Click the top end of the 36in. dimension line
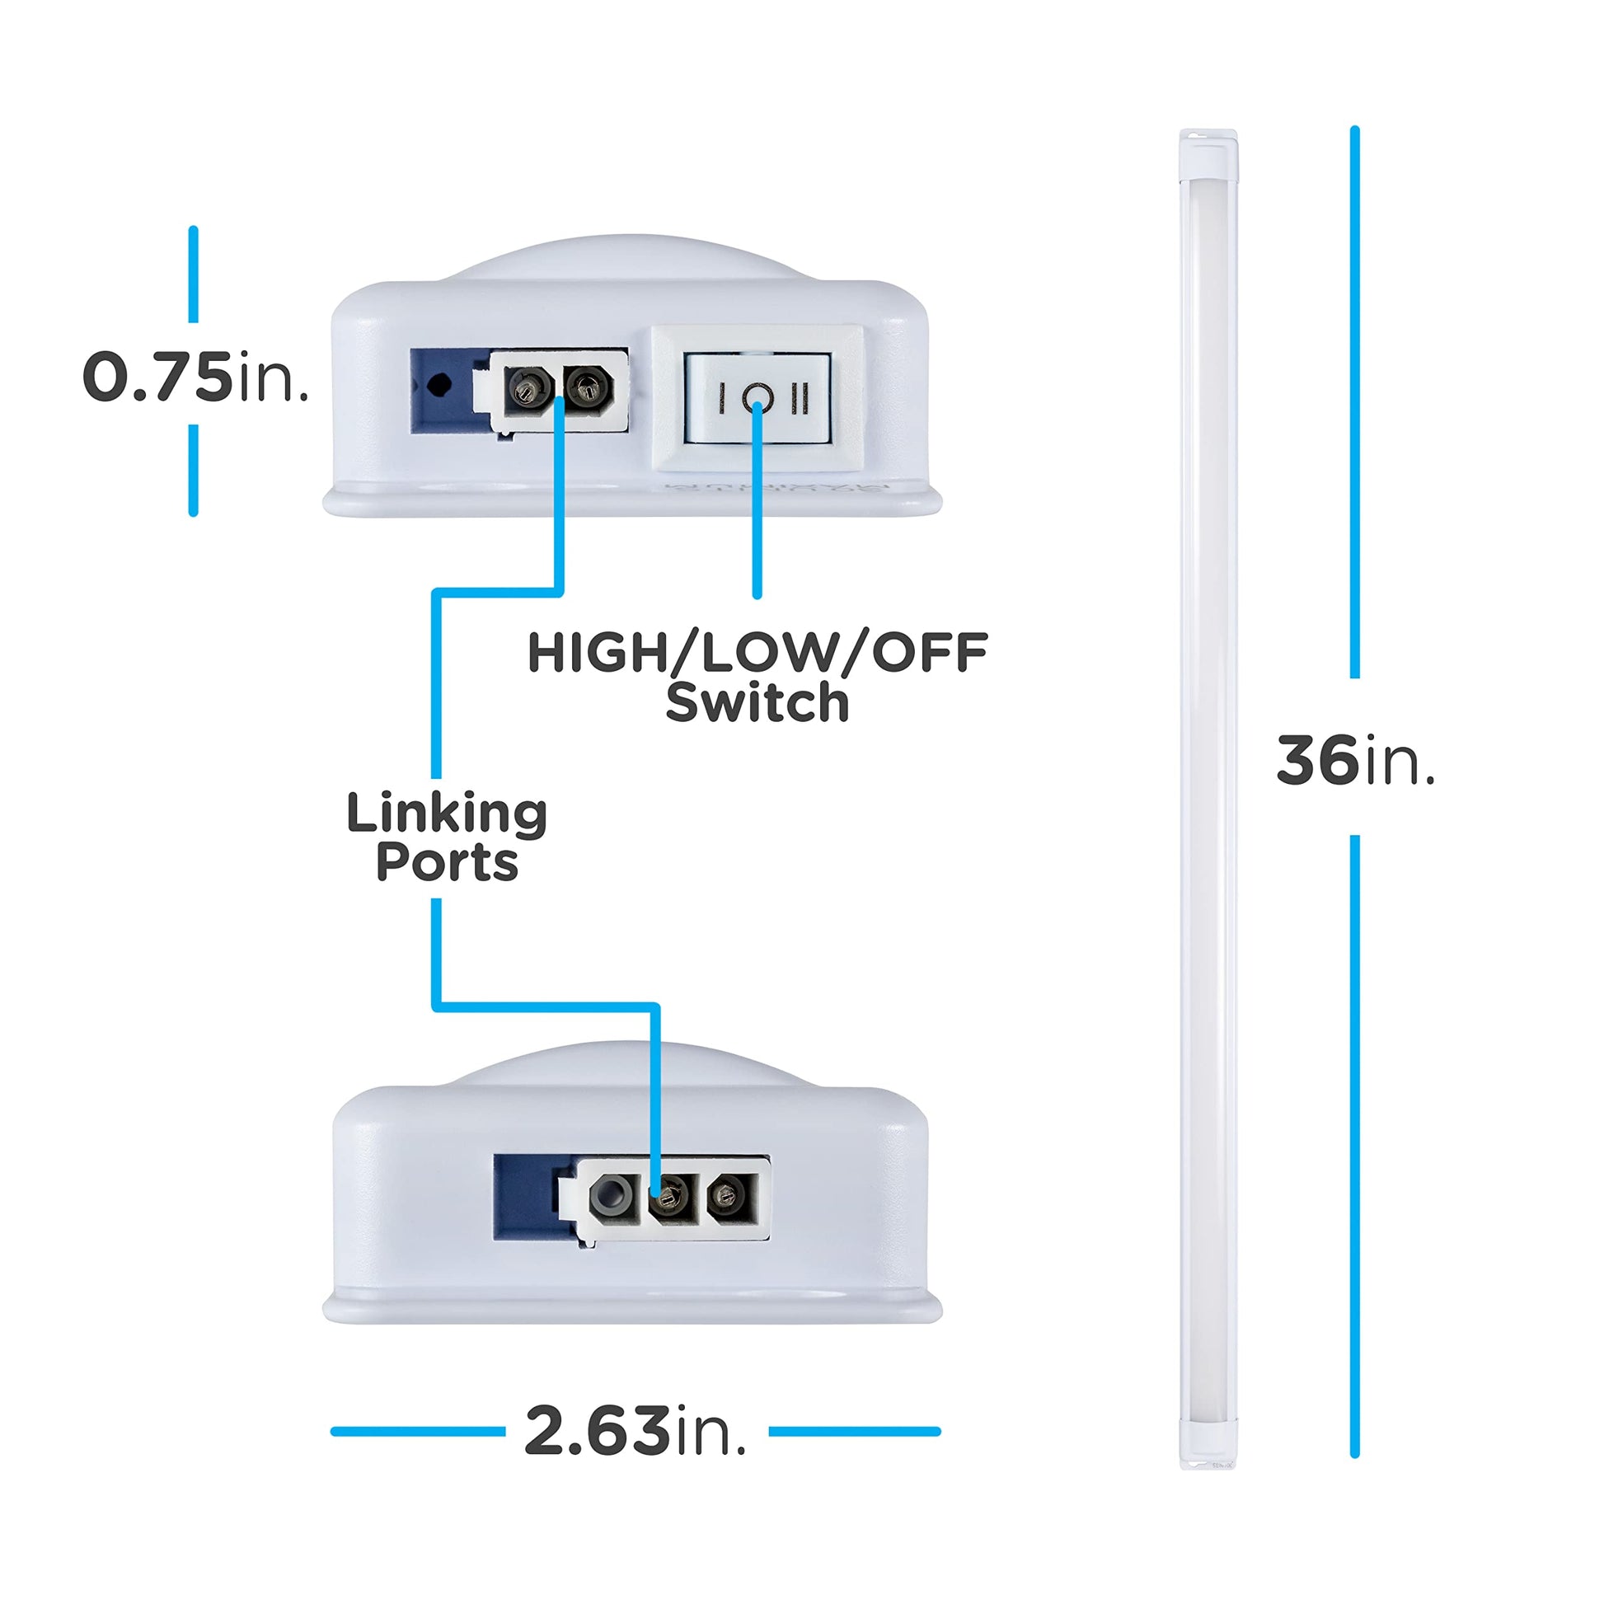1354,129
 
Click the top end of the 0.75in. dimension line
194,229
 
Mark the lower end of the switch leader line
757,594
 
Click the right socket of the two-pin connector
588,387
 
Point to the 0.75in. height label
196,378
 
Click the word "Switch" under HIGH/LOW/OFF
757,702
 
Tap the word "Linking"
447,815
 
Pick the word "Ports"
447,863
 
